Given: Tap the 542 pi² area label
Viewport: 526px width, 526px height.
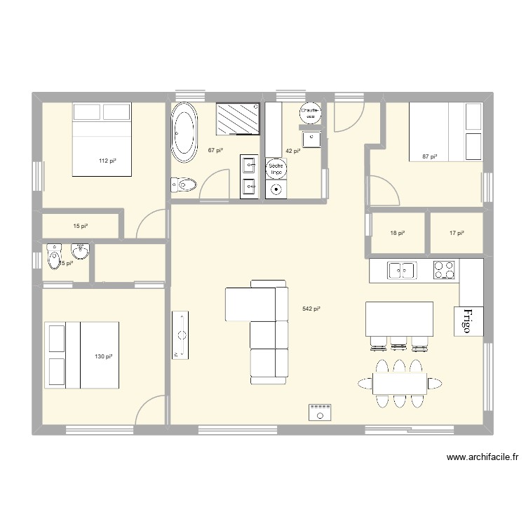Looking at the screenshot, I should [311, 309].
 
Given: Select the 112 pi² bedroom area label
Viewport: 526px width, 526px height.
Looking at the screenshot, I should [107, 161].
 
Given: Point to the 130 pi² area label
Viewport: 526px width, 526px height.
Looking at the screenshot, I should [103, 356].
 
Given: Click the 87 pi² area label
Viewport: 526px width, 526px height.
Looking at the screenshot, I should [429, 156].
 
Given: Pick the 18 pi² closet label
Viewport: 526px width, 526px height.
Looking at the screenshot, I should [397, 234].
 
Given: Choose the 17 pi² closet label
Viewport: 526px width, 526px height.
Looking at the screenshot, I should [456, 234].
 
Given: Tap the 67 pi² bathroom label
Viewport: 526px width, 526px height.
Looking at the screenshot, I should [215, 150].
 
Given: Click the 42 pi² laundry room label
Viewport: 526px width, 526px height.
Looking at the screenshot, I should [292, 150].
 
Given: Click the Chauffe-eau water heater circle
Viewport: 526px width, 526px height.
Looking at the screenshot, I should [311, 113].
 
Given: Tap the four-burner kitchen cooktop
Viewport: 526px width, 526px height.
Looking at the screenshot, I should [444, 269].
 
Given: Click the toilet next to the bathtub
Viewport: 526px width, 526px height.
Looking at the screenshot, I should [184, 185].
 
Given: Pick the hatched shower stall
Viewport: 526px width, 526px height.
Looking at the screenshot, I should [238, 118].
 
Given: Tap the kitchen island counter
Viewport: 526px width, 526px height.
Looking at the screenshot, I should [399, 318].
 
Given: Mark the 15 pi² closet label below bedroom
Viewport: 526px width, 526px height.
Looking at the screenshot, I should [81, 226].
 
